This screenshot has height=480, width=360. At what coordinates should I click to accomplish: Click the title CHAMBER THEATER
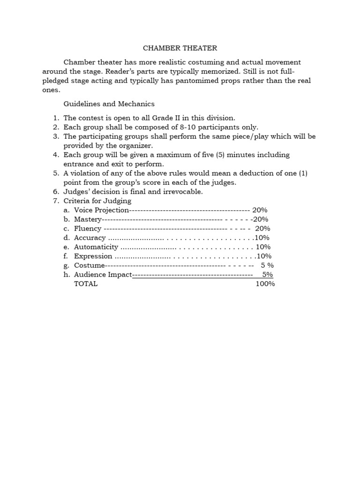(180, 48)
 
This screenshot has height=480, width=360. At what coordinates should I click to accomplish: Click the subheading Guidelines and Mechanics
(109, 104)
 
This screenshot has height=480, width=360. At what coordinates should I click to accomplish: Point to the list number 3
(56, 136)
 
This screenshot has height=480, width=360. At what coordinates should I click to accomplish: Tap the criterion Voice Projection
(101, 210)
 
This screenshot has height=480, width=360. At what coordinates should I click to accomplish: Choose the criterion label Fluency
(88, 228)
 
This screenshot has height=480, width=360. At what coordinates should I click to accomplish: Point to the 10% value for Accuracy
(262, 238)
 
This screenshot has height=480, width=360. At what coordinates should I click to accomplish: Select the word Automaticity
(96, 247)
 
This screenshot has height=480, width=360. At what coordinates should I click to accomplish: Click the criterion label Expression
(93, 256)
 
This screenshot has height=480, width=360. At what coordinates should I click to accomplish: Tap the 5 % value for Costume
(267, 265)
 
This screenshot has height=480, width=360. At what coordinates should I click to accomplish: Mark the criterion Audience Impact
(103, 275)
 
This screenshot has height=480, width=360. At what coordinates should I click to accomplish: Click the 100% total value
(265, 284)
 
